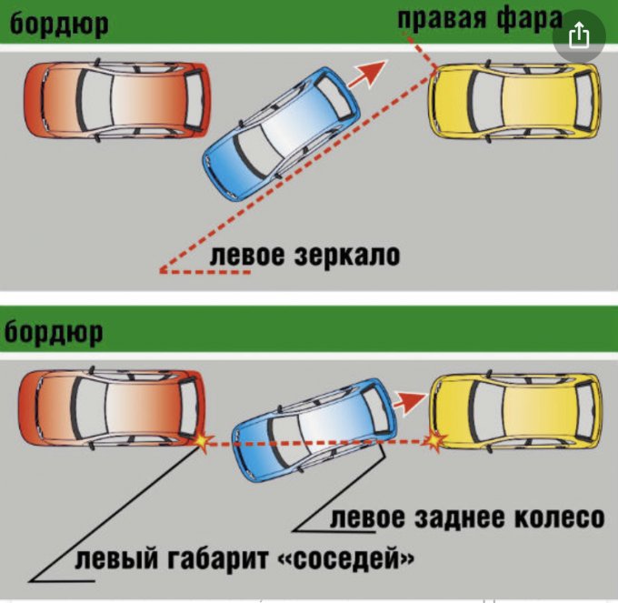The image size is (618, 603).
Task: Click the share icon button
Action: [579, 35]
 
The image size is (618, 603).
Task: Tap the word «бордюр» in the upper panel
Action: [59, 24]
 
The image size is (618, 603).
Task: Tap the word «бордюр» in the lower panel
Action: [54, 333]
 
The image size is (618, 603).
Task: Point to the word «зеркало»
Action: [347, 256]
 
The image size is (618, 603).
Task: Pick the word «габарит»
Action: [218, 558]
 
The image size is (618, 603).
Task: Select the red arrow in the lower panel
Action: [410, 401]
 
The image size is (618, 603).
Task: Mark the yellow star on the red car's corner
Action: [202, 441]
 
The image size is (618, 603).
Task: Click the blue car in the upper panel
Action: [281, 133]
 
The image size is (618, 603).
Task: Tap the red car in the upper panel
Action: [117, 100]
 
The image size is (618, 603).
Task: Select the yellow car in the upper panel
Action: [514, 101]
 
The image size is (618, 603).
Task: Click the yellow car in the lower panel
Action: [515, 412]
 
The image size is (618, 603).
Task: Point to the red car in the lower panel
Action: [113, 408]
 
